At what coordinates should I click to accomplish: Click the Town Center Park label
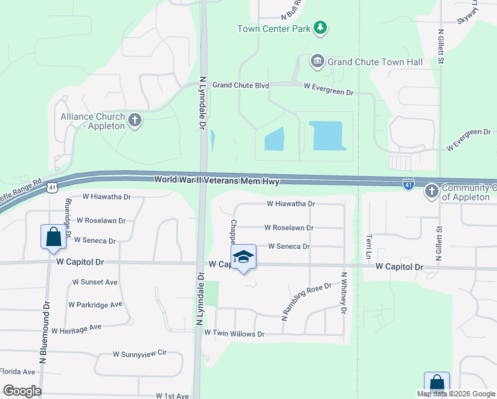click(x=274, y=29)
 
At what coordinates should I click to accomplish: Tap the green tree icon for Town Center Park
click(x=321, y=27)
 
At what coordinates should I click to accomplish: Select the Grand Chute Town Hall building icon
click(x=317, y=62)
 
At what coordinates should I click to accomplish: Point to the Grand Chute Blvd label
click(x=241, y=85)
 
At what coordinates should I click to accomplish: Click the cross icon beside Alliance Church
click(x=136, y=120)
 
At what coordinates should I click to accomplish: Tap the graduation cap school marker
click(x=244, y=257)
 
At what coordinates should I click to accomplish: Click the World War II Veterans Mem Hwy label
click(x=217, y=180)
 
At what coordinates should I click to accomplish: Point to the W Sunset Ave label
click(x=95, y=282)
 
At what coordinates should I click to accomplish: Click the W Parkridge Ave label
click(x=95, y=305)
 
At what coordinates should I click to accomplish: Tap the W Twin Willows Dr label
click(x=234, y=332)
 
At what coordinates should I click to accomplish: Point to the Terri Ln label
click(x=367, y=247)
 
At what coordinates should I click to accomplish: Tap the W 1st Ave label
click(x=172, y=396)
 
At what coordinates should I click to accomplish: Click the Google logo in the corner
click(x=22, y=390)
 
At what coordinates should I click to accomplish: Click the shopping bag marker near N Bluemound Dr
click(x=52, y=237)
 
